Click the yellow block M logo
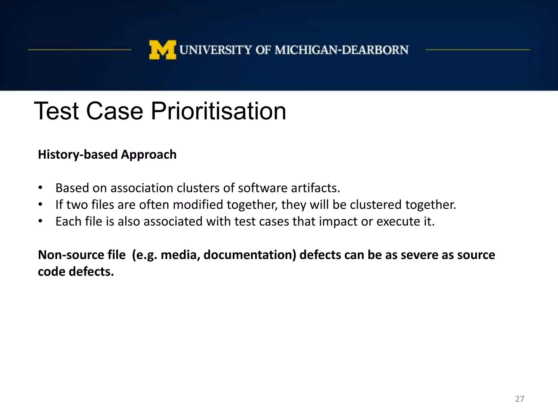(162, 50)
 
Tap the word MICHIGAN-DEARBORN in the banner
(341, 50)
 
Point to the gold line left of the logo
(80, 50)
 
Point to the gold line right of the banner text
(477, 50)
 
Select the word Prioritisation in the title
(218, 111)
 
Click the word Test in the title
(56, 111)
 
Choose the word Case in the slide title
(114, 111)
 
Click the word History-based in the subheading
(78, 155)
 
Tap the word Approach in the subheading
(149, 155)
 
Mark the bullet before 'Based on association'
(40, 188)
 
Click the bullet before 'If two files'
(40, 204)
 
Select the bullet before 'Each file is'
(40, 221)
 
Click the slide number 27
(519, 399)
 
